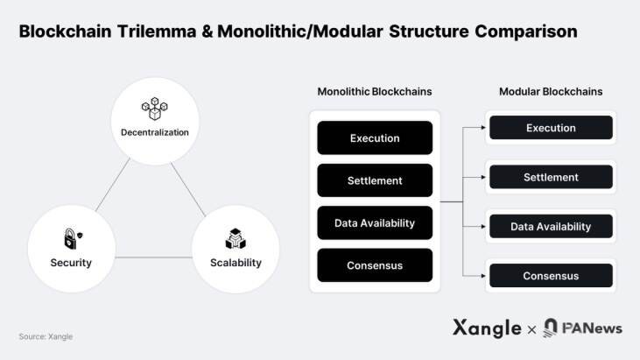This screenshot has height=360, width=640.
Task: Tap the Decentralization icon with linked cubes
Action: click(154, 109)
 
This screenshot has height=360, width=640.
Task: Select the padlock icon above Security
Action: click(70, 238)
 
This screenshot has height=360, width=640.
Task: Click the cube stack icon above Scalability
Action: click(235, 238)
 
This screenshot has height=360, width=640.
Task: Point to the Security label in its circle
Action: click(71, 263)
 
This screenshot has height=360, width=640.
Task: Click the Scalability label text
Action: click(236, 263)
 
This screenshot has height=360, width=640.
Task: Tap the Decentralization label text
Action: click(154, 132)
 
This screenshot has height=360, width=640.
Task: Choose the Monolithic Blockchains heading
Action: click(374, 91)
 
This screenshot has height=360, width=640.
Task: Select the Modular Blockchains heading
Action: click(551, 91)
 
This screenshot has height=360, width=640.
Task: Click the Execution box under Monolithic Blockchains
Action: click(375, 138)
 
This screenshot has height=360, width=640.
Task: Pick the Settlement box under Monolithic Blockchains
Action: click(375, 180)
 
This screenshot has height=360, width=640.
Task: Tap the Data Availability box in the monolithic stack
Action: click(375, 222)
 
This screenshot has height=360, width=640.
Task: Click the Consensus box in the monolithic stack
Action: click(375, 265)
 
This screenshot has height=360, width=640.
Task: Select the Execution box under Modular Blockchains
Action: click(551, 128)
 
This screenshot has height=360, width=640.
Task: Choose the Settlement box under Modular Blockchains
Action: click(551, 177)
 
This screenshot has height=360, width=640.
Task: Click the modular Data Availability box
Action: click(551, 227)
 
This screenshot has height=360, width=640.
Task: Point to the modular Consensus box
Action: click(551, 276)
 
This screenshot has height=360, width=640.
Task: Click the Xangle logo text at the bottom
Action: click(487, 328)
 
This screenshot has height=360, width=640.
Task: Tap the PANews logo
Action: click(582, 328)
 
